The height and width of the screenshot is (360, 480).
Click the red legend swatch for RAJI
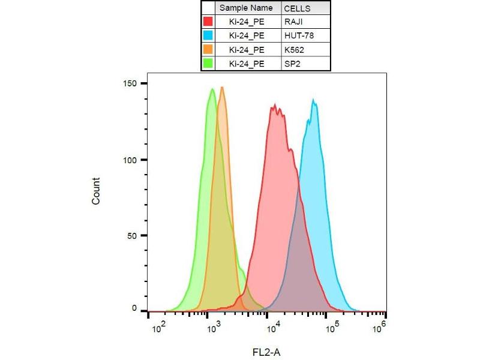[x=208, y=22]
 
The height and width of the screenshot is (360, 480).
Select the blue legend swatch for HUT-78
[x=208, y=35]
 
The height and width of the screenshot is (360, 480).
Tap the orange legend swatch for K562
[x=208, y=49]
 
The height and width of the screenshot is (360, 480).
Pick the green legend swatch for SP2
[x=208, y=63]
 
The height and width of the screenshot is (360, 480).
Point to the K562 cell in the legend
[x=294, y=49]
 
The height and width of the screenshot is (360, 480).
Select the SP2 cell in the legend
[x=292, y=63]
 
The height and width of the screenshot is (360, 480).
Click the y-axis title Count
[x=96, y=191]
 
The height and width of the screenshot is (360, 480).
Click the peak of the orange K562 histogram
[x=222, y=88]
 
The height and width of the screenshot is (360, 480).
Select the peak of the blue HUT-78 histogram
[x=313, y=100]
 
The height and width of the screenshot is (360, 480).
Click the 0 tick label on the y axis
[x=136, y=308]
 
